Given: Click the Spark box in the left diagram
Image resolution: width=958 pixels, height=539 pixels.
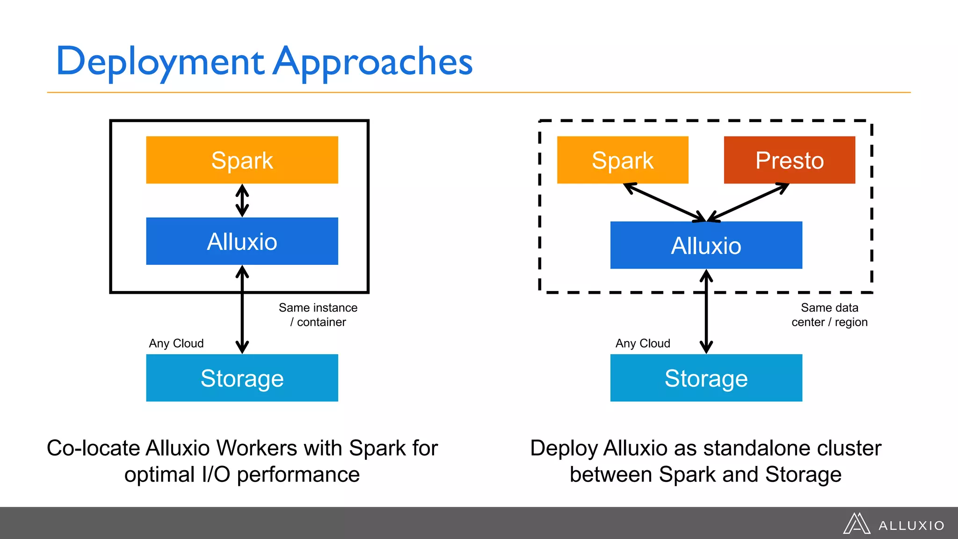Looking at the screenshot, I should [242, 160].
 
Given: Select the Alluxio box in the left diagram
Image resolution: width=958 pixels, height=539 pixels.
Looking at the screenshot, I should [242, 241].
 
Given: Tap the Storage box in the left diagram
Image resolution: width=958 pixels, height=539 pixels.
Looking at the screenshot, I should [242, 378].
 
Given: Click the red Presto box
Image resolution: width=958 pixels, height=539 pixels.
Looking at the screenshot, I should [789, 160].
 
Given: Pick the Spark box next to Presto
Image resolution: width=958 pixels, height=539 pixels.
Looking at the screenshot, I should [622, 160].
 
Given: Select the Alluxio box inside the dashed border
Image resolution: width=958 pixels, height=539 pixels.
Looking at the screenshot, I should [706, 245].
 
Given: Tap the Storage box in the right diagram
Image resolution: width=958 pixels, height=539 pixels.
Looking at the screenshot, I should [706, 378].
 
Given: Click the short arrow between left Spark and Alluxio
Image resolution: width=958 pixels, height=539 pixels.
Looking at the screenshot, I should [242, 201].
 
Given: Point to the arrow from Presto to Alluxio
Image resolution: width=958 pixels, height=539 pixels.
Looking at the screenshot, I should [748, 202].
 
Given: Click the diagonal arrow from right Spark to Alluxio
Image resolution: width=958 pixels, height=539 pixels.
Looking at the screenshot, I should [664, 202].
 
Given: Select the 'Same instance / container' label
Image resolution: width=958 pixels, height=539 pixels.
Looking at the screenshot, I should [318, 315].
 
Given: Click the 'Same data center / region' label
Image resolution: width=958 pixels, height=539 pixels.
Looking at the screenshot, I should [829, 315].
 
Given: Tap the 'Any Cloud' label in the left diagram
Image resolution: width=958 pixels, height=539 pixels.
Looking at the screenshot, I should [176, 343].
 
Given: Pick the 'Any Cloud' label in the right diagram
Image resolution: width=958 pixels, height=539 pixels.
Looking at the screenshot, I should [643, 343].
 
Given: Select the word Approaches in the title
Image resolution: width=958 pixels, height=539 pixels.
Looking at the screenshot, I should [372, 62].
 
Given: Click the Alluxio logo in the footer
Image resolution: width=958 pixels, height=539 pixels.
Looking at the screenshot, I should [893, 524].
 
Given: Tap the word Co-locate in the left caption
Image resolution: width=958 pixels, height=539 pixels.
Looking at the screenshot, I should [94, 448].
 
